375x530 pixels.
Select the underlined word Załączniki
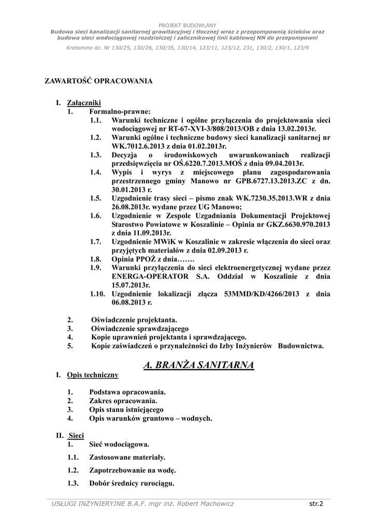coord(84,103)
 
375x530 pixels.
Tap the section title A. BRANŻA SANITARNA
coord(198,365)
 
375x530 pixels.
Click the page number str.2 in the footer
coord(316,503)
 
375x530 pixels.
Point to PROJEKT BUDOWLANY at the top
coord(187,25)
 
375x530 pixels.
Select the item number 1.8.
coord(95,259)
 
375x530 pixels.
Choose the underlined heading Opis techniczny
coord(93,374)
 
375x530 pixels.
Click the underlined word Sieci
coord(76,435)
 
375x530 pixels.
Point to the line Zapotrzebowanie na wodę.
coord(133,470)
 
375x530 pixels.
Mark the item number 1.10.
coord(97,294)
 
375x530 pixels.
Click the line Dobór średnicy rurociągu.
coord(132,484)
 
